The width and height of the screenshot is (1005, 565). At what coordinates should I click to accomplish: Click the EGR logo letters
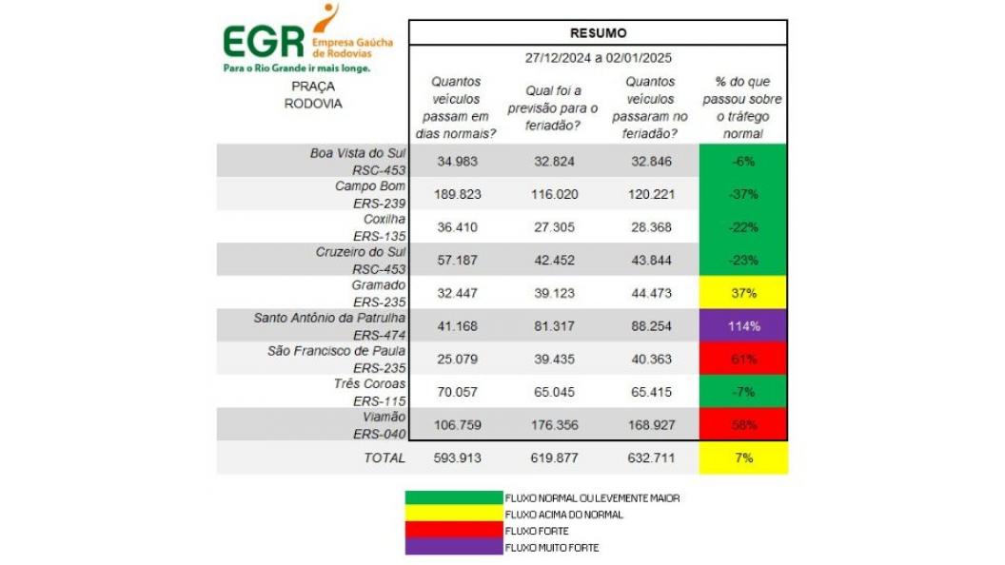264,41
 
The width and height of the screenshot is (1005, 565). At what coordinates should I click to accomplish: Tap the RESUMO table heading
599,32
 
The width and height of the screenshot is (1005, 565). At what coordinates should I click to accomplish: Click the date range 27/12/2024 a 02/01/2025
599,57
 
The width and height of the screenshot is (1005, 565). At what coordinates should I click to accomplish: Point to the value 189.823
458,194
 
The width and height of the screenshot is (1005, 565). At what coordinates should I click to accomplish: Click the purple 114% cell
743,326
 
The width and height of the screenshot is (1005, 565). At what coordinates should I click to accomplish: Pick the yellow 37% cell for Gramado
743,293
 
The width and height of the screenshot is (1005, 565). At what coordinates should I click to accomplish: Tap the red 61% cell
743,359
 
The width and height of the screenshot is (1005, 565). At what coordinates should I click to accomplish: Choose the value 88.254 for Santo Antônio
652,326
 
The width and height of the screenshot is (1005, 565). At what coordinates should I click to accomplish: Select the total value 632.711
652,458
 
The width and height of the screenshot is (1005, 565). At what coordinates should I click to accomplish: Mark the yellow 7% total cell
743,458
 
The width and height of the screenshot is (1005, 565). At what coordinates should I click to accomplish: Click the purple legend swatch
454,548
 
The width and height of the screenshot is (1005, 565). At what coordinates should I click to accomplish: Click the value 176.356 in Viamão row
554,425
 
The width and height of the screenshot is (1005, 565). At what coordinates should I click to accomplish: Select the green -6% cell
743,161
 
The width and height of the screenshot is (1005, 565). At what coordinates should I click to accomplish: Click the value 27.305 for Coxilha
554,227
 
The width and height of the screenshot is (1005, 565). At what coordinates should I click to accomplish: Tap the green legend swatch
454,497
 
